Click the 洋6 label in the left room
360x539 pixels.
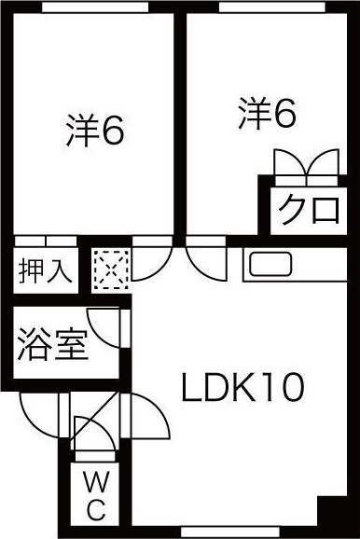(95, 131)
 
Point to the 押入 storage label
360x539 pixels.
(44, 270)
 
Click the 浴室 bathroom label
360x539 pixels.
(52, 347)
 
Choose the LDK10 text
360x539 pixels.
(242, 388)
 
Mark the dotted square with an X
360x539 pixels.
(108, 271)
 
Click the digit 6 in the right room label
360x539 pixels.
(284, 113)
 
